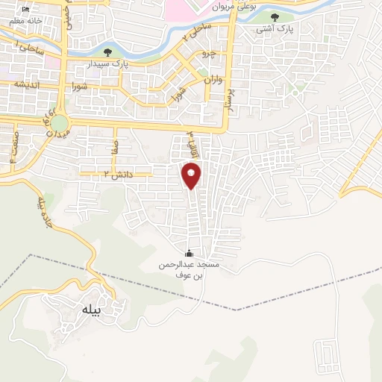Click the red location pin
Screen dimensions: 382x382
(x=192, y=175)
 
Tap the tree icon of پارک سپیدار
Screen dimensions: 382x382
(x=109, y=52)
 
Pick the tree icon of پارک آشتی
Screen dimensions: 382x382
(x=275, y=16)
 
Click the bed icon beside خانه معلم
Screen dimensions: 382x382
(x=27, y=8)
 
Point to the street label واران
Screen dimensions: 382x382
(x=213, y=79)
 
